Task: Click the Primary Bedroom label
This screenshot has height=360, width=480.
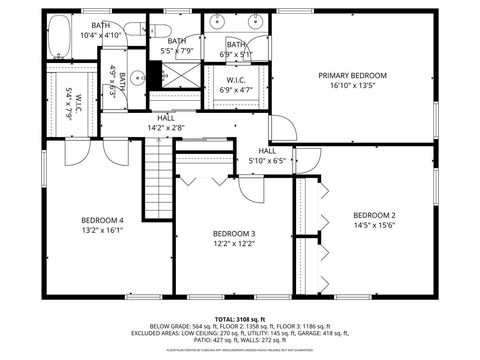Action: (x=352, y=75)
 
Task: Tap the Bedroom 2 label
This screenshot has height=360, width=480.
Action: (x=374, y=215)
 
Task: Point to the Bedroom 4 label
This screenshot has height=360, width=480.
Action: (x=101, y=220)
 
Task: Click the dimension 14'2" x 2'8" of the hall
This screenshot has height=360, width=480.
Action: (x=165, y=127)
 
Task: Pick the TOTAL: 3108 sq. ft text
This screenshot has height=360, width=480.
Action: (x=240, y=318)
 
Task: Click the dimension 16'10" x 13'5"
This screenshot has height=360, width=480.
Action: (x=352, y=86)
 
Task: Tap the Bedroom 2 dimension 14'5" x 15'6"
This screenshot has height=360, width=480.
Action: (x=374, y=226)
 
